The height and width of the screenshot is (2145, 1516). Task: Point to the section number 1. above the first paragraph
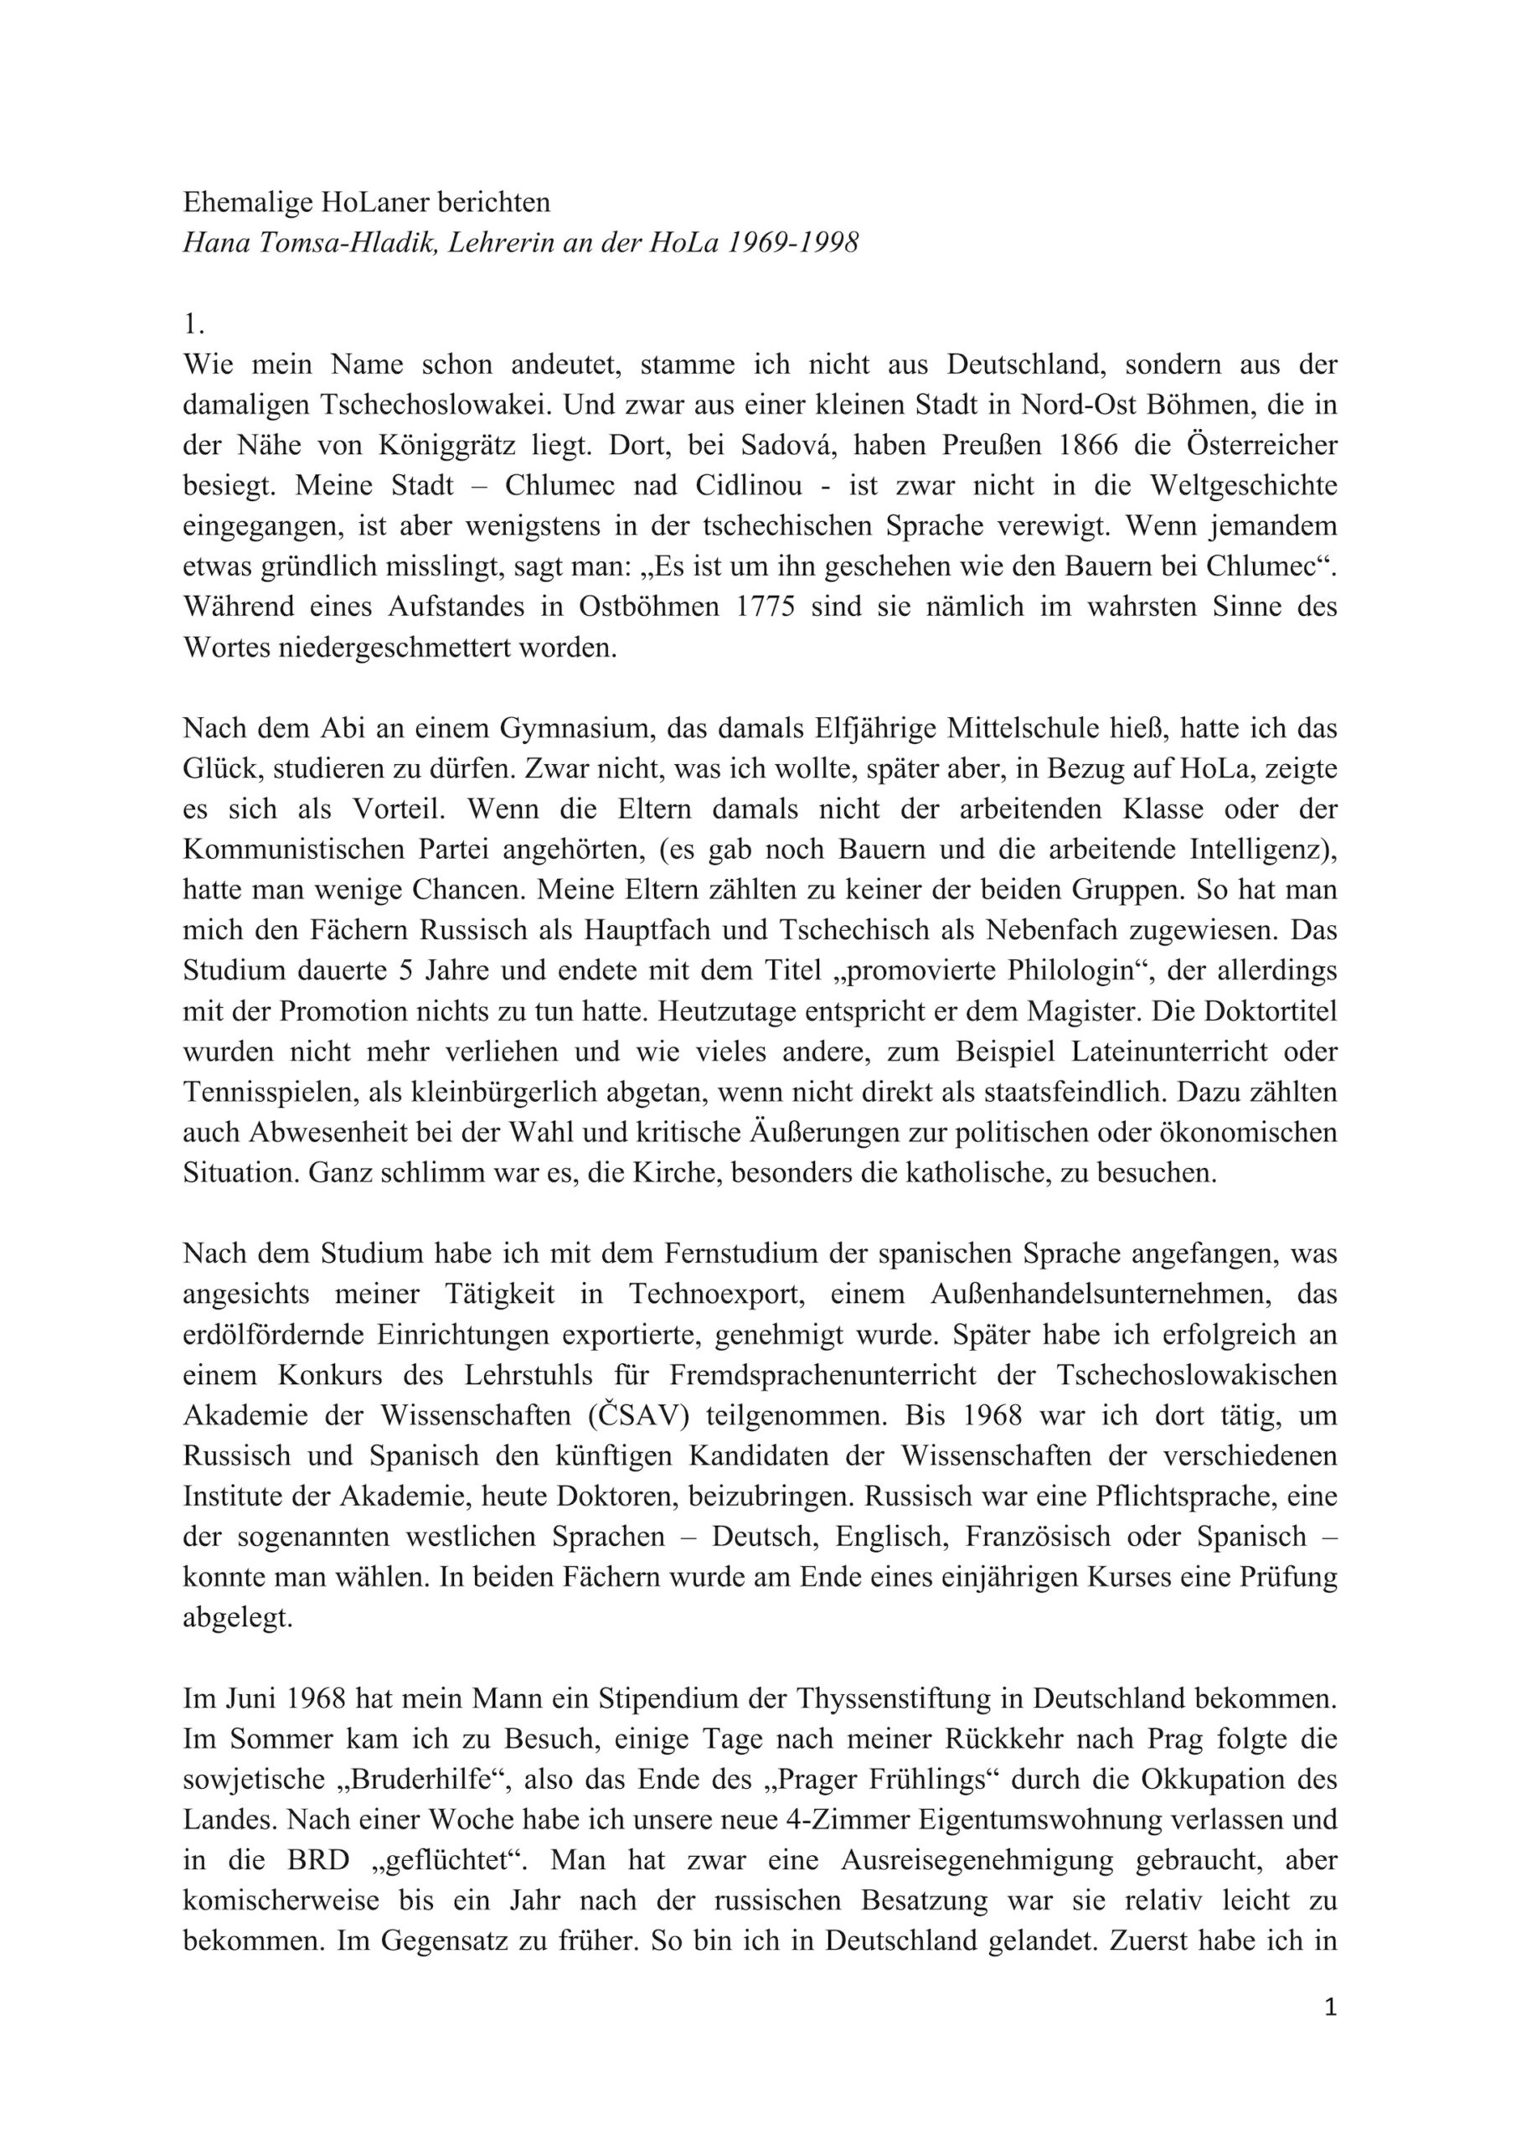click(x=193, y=324)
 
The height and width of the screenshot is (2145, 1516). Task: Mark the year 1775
click(x=765, y=607)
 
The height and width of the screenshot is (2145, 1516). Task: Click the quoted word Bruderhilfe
click(x=437, y=1780)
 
